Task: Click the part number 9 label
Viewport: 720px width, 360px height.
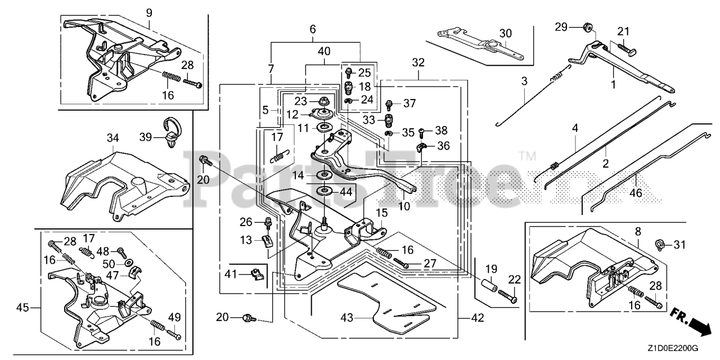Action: (x=149, y=13)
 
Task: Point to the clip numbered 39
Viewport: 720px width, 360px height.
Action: (x=172, y=132)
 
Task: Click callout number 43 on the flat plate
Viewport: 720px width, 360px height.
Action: (x=347, y=318)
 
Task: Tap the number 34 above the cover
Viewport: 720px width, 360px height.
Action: (x=113, y=138)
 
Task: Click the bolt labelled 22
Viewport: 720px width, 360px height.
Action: (x=508, y=296)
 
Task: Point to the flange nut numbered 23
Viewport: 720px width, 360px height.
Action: (x=323, y=102)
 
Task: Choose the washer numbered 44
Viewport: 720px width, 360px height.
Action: (x=325, y=192)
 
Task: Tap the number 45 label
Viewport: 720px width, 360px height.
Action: (x=22, y=308)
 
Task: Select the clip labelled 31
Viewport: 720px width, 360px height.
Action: (x=660, y=245)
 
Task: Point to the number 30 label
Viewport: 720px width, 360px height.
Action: (x=506, y=33)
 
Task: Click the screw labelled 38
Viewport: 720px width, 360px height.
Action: (x=422, y=132)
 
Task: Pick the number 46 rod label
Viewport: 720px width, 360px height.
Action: (x=636, y=193)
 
